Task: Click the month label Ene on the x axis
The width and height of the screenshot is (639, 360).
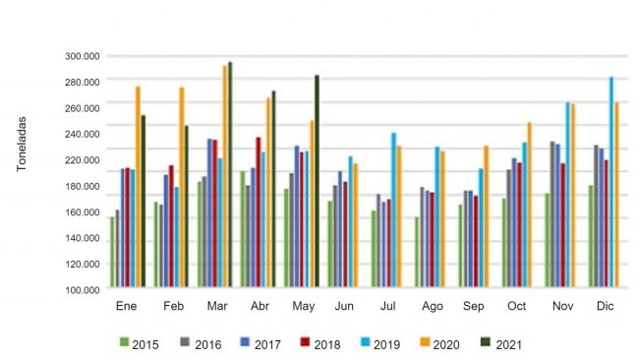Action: coord(126,307)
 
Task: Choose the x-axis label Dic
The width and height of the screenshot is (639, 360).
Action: coord(605,307)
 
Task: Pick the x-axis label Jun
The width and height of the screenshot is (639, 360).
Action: coord(344,307)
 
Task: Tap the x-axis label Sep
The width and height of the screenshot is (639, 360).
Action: coord(473,307)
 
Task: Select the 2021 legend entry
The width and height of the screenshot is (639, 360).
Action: coord(500,344)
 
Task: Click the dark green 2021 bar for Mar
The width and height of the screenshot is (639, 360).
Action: coord(230,177)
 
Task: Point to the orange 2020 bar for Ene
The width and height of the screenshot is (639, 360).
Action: coord(138,188)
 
